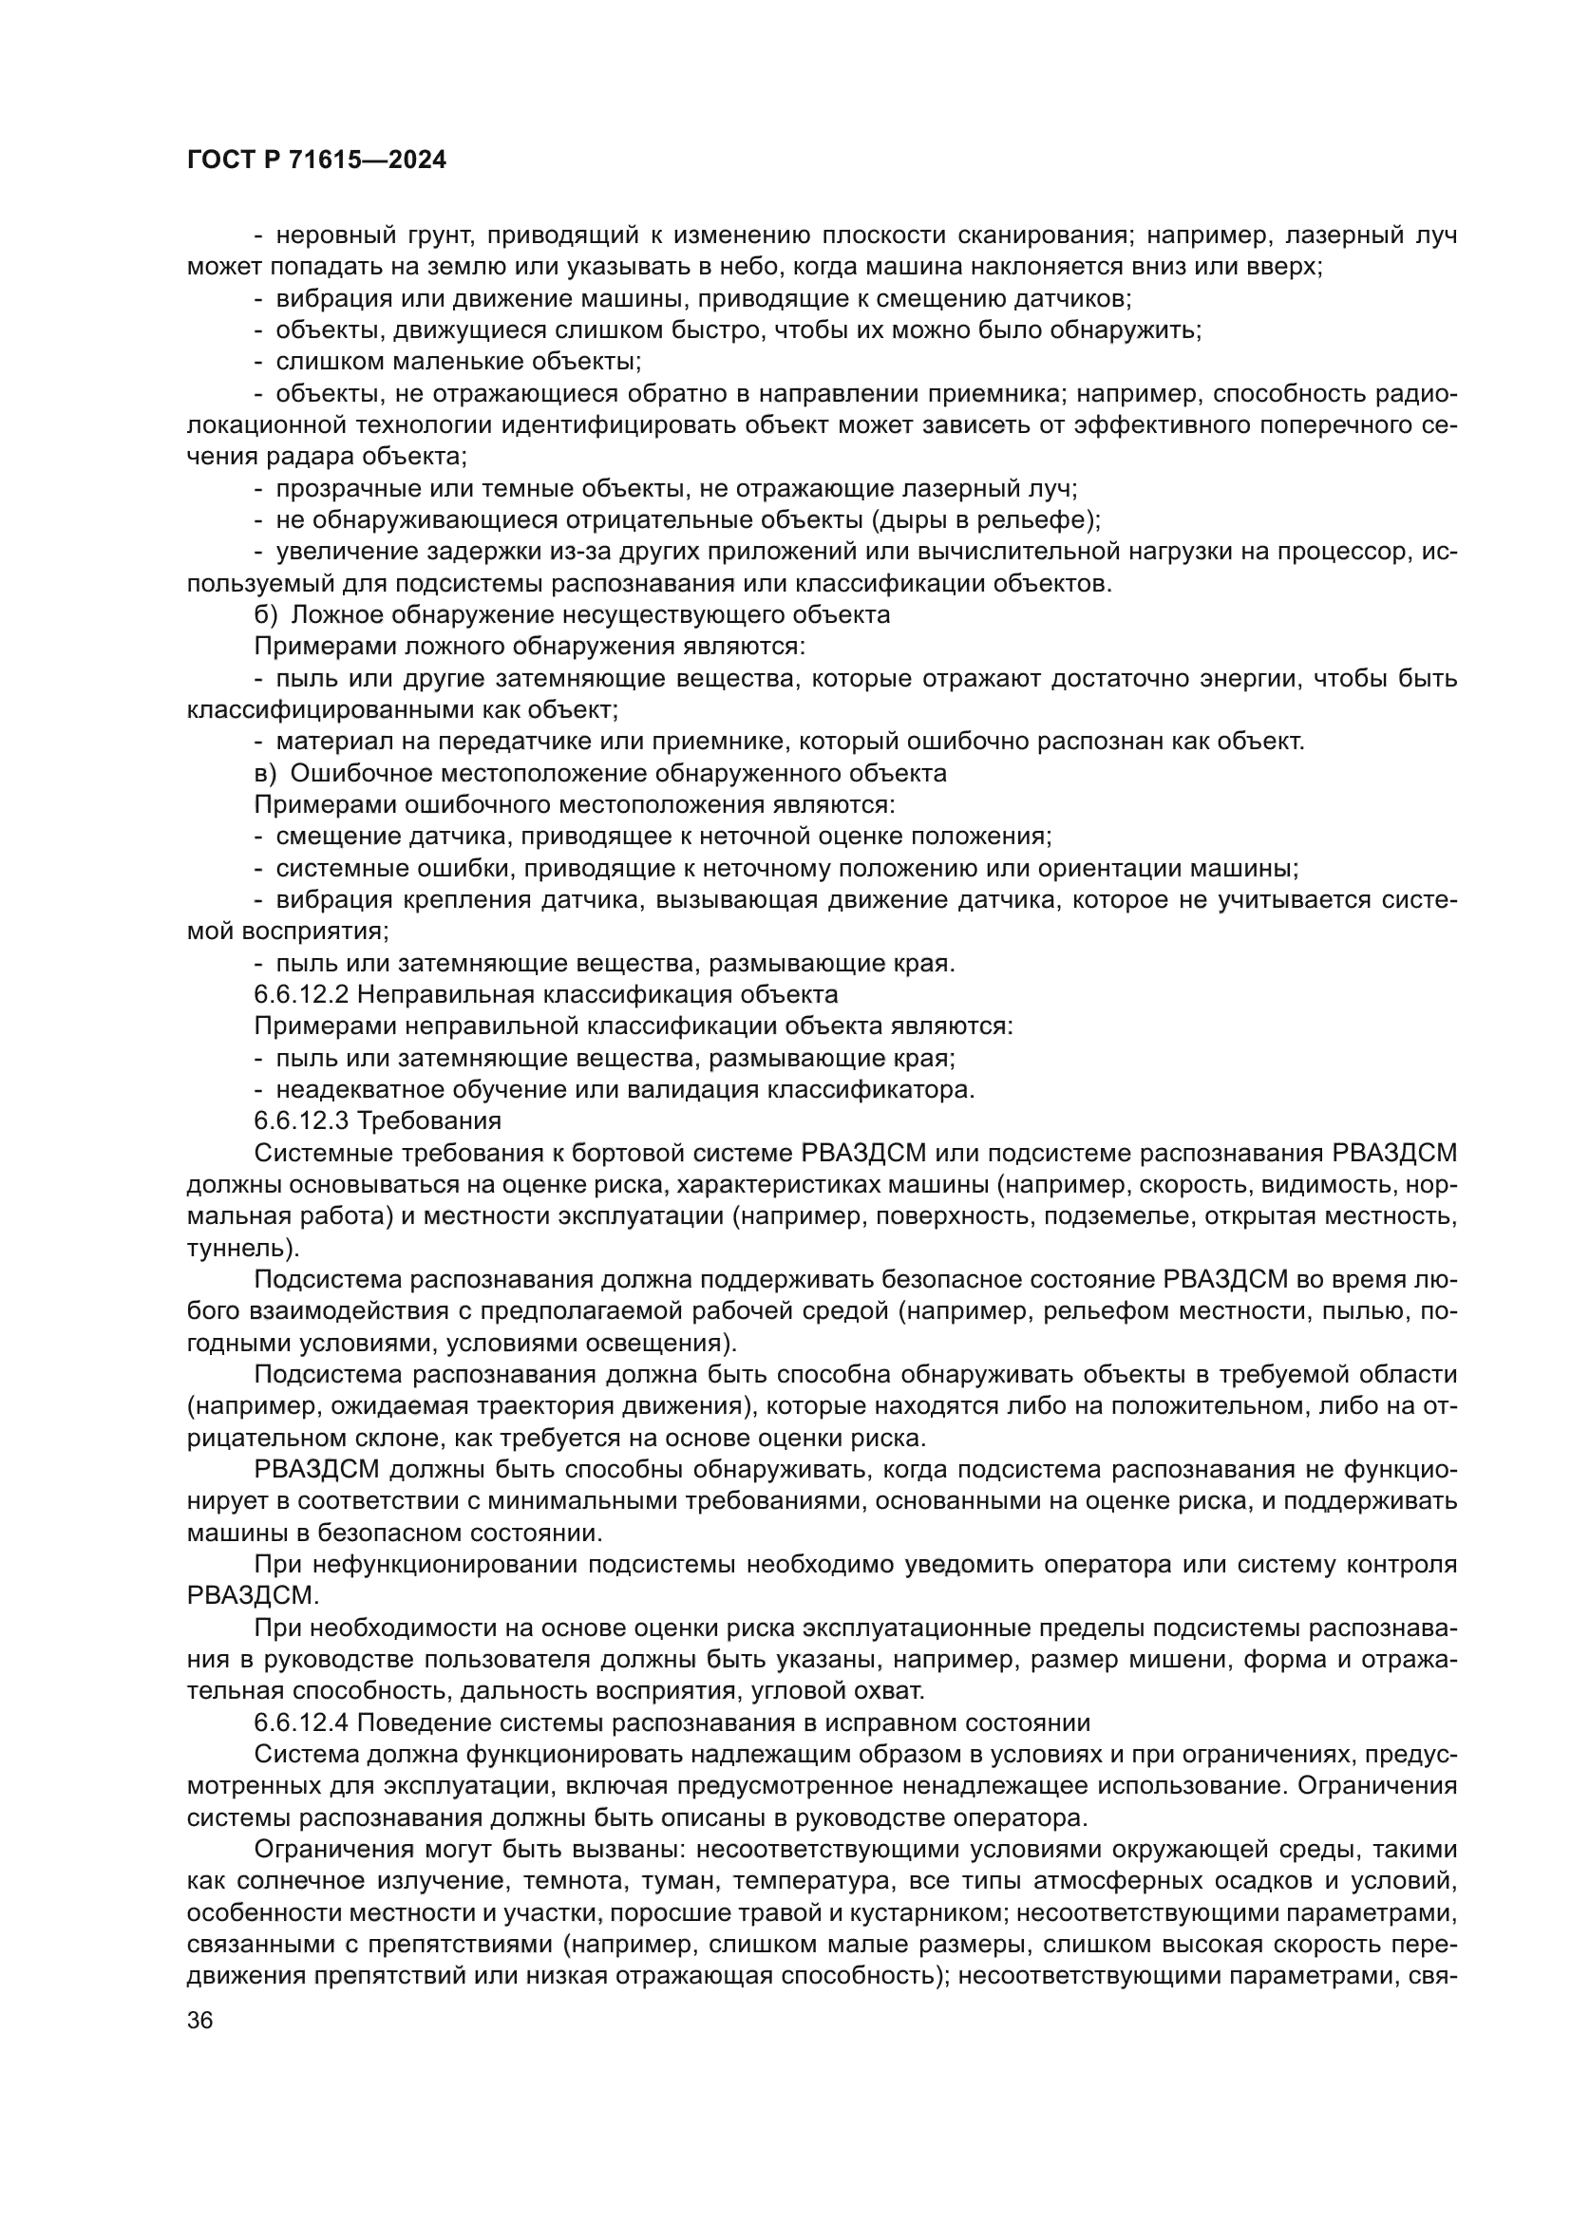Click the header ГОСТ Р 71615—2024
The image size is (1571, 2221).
click(316, 160)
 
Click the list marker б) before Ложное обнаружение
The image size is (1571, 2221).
click(266, 615)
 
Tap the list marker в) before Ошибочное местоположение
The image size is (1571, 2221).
click(266, 773)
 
